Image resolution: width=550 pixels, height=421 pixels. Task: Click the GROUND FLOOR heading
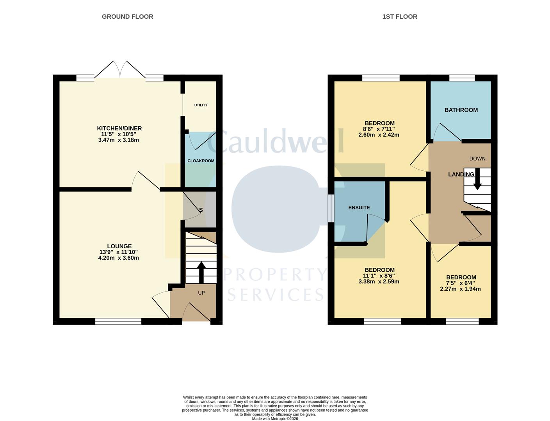pyautogui.click(x=127, y=17)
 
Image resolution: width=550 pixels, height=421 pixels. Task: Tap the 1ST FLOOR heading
pyautogui.click(x=400, y=17)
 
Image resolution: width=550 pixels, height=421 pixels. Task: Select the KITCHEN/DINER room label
pyautogui.click(x=119, y=128)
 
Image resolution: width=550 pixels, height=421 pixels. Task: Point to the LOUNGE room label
pyautogui.click(x=119, y=246)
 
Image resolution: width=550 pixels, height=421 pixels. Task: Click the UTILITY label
pyautogui.click(x=201, y=105)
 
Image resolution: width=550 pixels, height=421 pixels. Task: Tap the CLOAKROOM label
pyautogui.click(x=201, y=161)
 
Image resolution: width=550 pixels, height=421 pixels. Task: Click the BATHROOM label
pyautogui.click(x=461, y=110)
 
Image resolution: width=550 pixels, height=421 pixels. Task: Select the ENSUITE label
pyautogui.click(x=359, y=207)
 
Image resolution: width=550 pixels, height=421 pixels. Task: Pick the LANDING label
pyautogui.click(x=461, y=174)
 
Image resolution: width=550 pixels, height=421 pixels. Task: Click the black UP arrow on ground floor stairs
pyautogui.click(x=201, y=272)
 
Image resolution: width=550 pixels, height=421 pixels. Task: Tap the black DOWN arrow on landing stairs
pyautogui.click(x=478, y=179)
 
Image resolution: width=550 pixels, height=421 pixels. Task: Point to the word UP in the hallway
pyautogui.click(x=201, y=293)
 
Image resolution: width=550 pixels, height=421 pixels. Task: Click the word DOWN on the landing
pyautogui.click(x=477, y=159)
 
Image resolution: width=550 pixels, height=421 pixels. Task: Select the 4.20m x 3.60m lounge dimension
pyautogui.click(x=118, y=258)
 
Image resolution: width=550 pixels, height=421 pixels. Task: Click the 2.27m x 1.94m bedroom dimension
pyautogui.click(x=460, y=289)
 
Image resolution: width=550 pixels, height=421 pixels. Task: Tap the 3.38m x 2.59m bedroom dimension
pyautogui.click(x=379, y=281)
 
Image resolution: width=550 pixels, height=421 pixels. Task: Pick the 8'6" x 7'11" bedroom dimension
pyautogui.click(x=379, y=129)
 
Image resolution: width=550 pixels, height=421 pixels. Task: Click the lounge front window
pyautogui.click(x=118, y=322)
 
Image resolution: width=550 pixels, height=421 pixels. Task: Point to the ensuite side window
pyautogui.click(x=331, y=208)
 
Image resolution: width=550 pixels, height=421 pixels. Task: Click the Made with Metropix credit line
pyautogui.click(x=275, y=419)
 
